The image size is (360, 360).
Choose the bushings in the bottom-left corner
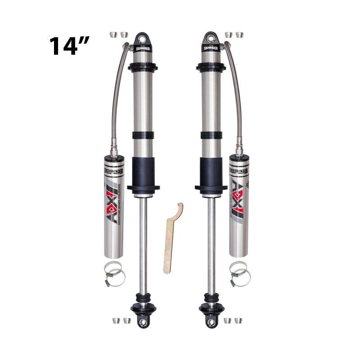tap(120, 320)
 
